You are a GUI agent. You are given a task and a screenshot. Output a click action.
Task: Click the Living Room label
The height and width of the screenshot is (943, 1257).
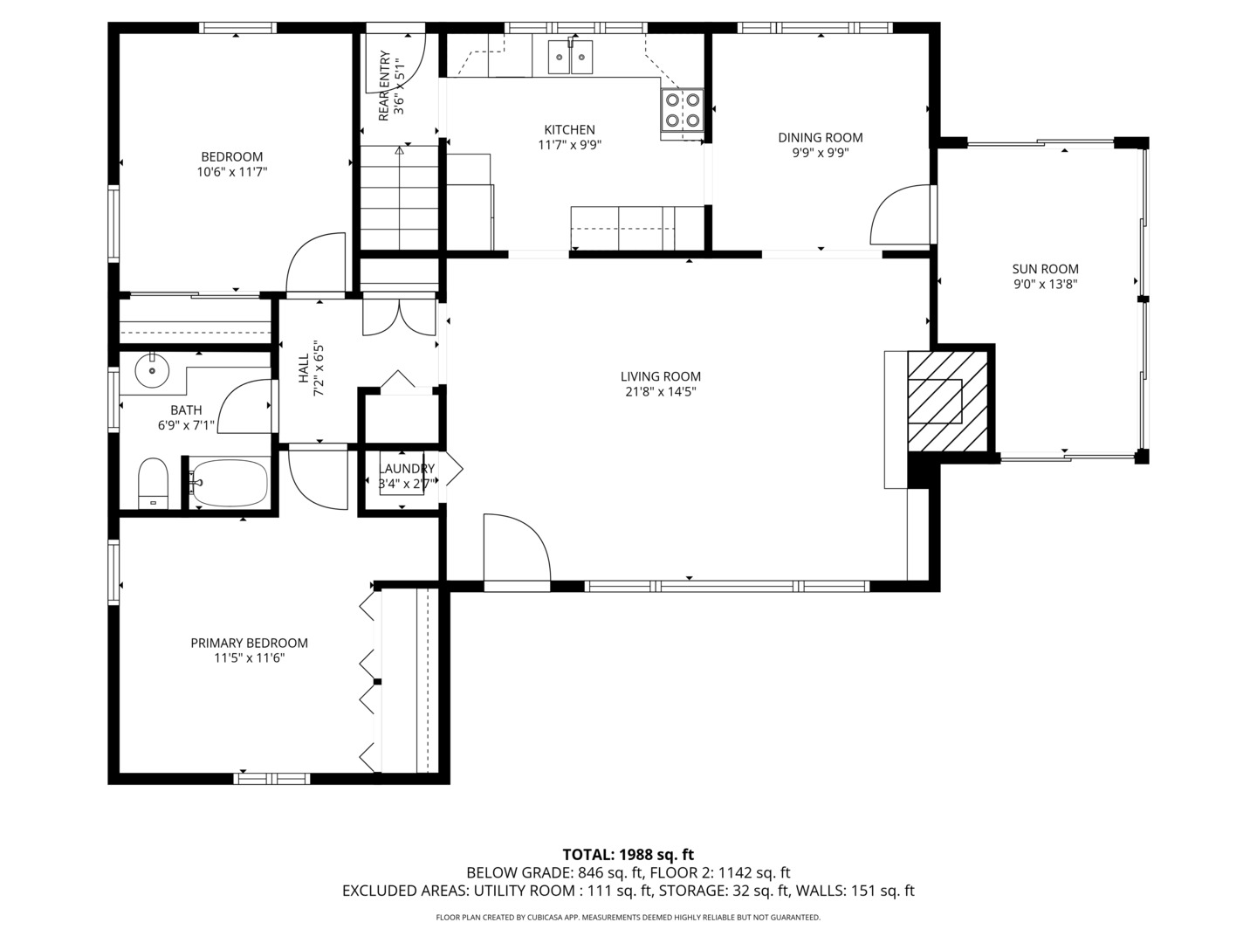(660, 376)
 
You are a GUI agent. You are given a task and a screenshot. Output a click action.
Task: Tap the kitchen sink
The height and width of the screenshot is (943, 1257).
(570, 58)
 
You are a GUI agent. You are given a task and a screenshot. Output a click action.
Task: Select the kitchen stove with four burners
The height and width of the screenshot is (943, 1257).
(682, 111)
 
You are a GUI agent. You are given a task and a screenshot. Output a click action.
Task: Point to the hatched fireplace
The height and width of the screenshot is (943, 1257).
(948, 401)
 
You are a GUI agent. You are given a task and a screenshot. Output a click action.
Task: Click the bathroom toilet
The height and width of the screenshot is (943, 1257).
(153, 483)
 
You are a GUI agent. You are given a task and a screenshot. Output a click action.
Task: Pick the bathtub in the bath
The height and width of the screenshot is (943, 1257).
(230, 483)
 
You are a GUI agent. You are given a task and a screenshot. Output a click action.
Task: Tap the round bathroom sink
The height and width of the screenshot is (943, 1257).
(153, 370)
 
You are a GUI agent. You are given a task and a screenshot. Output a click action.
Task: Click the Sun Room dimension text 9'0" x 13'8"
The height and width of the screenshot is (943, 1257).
(1045, 284)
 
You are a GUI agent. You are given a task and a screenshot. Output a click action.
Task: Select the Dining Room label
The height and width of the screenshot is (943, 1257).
(820, 137)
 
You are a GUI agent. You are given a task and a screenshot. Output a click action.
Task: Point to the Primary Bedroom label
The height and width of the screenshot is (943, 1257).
(249, 643)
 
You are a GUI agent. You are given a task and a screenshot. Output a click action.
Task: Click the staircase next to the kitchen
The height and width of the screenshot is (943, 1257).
(399, 197)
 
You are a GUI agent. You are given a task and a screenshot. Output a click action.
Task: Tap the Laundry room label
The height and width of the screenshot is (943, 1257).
(406, 468)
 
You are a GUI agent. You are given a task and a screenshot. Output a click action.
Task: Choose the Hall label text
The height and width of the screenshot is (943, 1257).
(304, 368)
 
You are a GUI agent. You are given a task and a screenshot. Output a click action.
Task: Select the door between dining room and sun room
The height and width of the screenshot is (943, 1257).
(901, 215)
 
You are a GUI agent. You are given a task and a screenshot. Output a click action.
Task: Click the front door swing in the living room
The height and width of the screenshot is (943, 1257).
(517, 548)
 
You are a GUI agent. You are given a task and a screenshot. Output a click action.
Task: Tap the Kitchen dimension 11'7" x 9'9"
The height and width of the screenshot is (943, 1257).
(569, 145)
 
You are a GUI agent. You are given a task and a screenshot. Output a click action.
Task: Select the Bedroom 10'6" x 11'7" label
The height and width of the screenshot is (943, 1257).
(232, 164)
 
